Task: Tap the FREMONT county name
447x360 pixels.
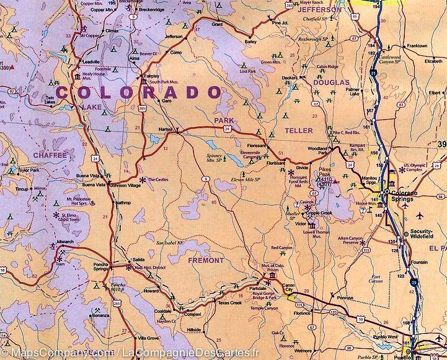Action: pyautogui.click(x=205, y=261)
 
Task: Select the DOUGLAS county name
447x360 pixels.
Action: pyautogui.click(x=331, y=82)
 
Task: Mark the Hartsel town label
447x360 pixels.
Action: pyautogui.click(x=165, y=130)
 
